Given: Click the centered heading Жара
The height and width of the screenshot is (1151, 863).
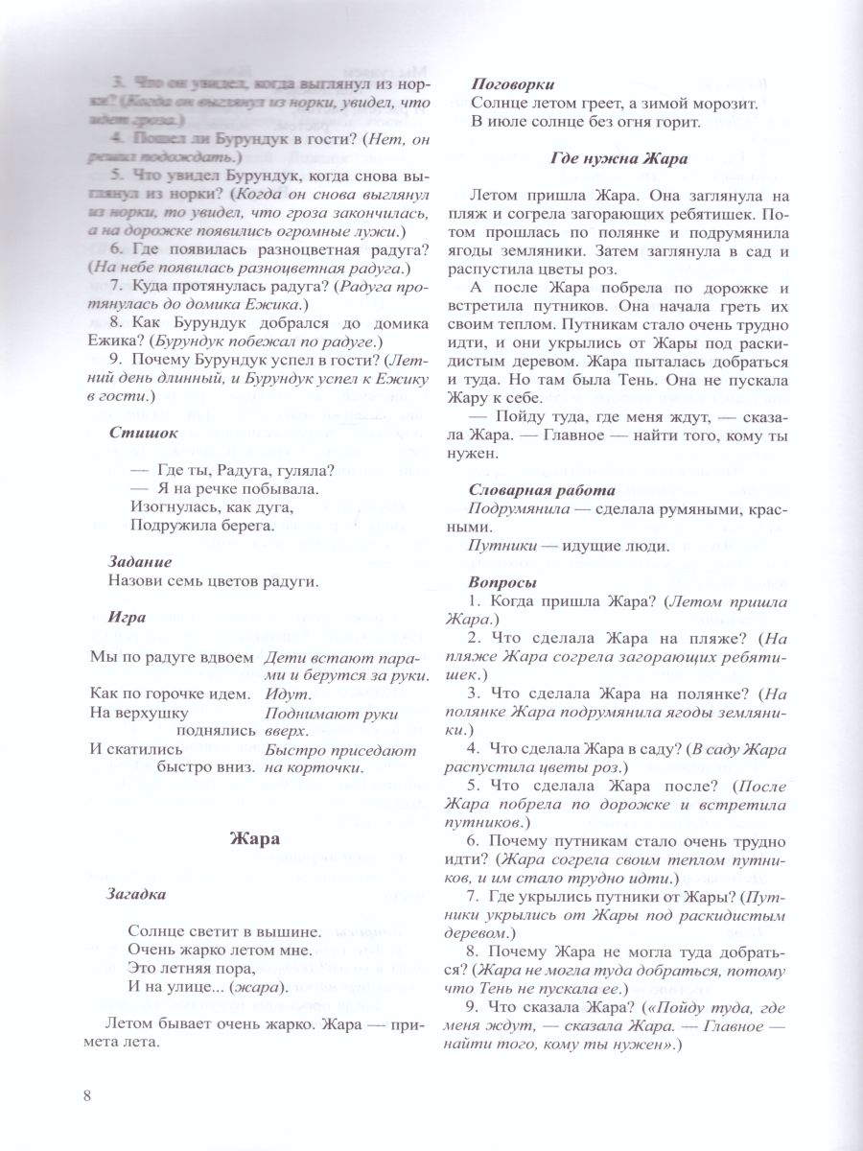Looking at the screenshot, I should coord(255,837).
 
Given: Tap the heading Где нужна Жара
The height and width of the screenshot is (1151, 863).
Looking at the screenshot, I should coord(619,158).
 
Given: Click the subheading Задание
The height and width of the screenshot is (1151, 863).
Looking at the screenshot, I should coord(140,561).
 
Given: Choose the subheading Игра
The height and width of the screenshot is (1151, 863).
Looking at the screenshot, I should coord(128,617).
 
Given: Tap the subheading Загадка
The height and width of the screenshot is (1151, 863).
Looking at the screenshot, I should coord(136,894).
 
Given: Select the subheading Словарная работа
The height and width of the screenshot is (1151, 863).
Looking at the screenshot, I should coord(532,490).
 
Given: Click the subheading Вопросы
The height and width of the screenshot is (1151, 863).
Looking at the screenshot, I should coord(502,583).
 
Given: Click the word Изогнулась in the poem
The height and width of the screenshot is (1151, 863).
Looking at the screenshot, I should coord(170,506).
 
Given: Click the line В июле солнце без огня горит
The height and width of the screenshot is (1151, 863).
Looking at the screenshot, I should coord(577,121).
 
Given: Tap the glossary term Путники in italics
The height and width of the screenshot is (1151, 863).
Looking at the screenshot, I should coord(503,546).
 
